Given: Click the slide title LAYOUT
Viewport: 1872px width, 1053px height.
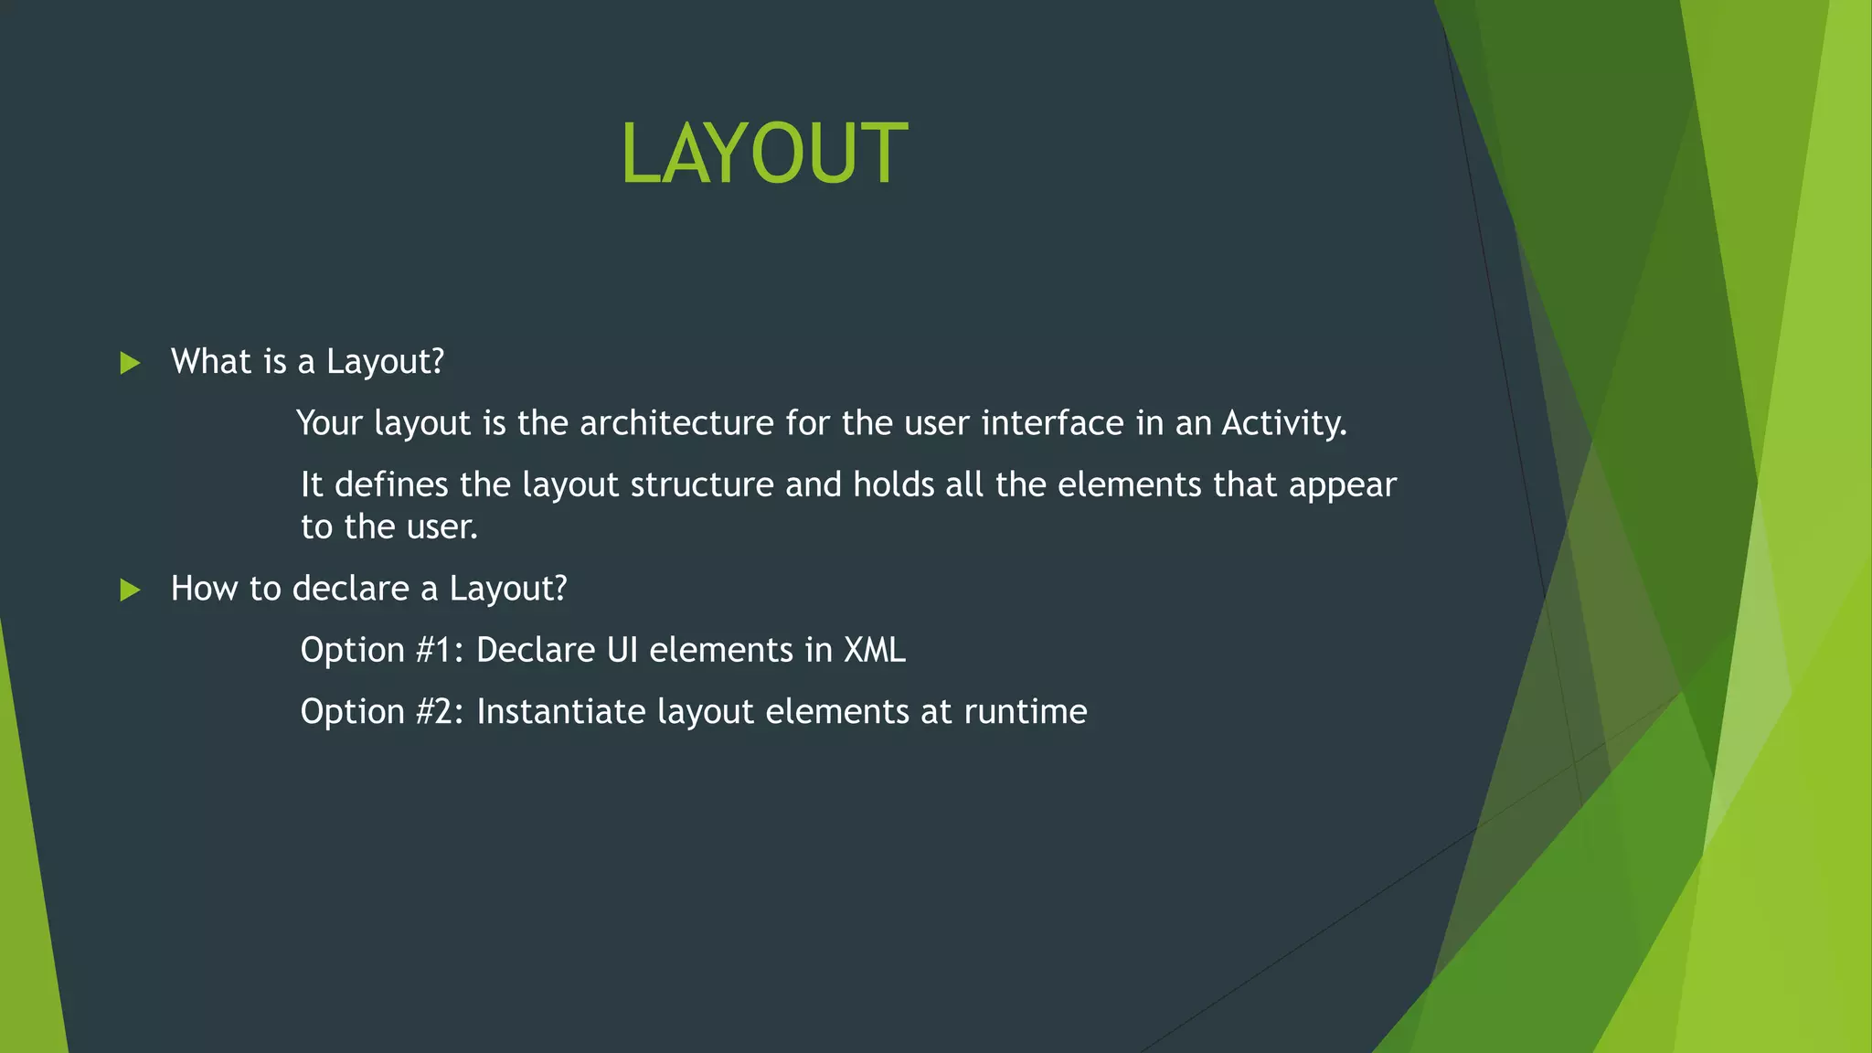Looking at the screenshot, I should pos(764,154).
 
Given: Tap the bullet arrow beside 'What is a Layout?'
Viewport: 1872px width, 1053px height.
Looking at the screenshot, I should pos(130,364).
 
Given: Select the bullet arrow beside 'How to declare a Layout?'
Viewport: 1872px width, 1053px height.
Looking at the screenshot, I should pos(130,590).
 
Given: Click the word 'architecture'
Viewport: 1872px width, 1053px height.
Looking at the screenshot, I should pos(676,423).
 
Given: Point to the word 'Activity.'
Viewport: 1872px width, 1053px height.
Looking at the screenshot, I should pos(1284,423).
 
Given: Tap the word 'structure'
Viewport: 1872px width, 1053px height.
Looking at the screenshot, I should pos(702,484).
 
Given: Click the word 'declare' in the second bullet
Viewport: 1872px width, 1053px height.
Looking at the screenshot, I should pos(350,589).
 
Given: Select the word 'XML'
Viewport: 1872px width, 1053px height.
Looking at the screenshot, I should pos(874,650).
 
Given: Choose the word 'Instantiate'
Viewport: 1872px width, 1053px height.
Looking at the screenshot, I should pos(560,712).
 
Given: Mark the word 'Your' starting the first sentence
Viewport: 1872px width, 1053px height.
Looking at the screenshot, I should pos(329,423).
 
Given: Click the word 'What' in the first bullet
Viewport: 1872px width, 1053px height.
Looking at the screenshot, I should pos(209,362).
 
